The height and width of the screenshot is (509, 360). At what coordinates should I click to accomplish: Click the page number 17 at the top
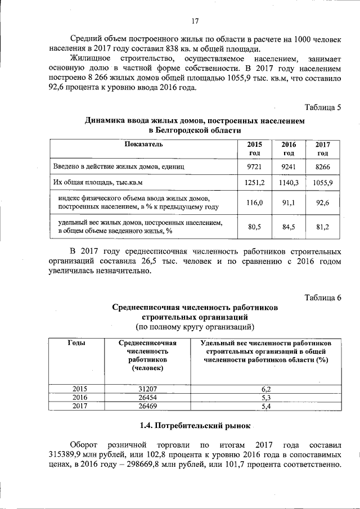[195, 21]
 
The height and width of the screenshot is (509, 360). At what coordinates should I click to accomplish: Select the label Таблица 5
[323, 107]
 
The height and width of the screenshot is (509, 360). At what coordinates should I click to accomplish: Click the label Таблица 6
[323, 298]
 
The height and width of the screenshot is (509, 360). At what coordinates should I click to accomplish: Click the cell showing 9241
[289, 167]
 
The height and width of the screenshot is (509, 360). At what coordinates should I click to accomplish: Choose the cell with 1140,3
[289, 183]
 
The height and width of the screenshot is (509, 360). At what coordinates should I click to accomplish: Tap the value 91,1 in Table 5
[289, 203]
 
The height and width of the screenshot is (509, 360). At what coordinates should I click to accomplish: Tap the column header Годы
[77, 343]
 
